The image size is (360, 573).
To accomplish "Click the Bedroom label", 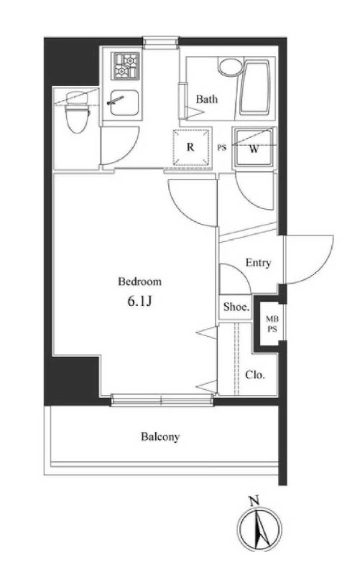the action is [139, 281].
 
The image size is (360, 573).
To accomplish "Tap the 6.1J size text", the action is [139, 302].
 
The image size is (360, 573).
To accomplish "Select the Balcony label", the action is [160, 437].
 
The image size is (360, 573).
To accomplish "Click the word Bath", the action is [207, 98].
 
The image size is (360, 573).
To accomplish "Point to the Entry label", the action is [258, 263].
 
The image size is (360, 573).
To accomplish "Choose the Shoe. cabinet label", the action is [236, 307].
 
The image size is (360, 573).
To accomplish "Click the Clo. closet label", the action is [254, 375].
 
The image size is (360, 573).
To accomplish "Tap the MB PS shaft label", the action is [272, 324].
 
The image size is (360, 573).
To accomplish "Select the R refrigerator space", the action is [190, 147].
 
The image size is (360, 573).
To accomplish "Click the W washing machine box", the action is [254, 148].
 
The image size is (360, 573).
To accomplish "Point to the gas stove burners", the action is [126, 65].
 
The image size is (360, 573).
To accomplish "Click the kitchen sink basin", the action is [124, 102].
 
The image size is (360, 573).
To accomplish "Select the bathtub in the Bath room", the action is [255, 88].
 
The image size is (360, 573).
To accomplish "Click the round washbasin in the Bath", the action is [229, 67].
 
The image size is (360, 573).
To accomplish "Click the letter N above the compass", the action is [254, 500].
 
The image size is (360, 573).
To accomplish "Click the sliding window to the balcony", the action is [162, 400].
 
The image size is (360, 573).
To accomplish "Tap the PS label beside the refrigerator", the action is [222, 148].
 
